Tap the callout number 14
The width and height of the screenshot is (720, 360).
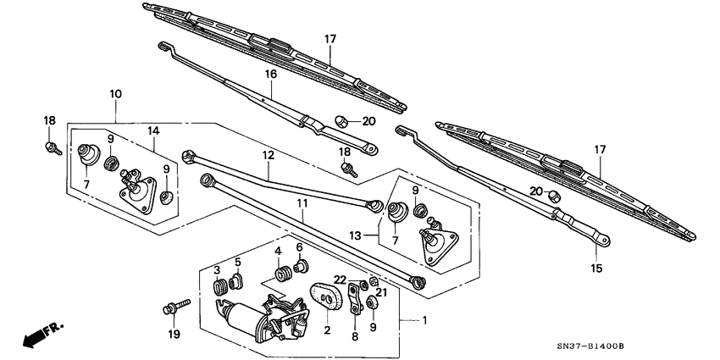152,130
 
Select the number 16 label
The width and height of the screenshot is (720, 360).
271,75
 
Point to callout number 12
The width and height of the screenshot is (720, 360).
268,155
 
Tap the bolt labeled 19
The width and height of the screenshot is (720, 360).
170,307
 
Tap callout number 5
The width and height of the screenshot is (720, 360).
238,261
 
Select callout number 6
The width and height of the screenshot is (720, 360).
299,246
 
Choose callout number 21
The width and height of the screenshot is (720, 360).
380,292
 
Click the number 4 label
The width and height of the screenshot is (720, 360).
277,251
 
